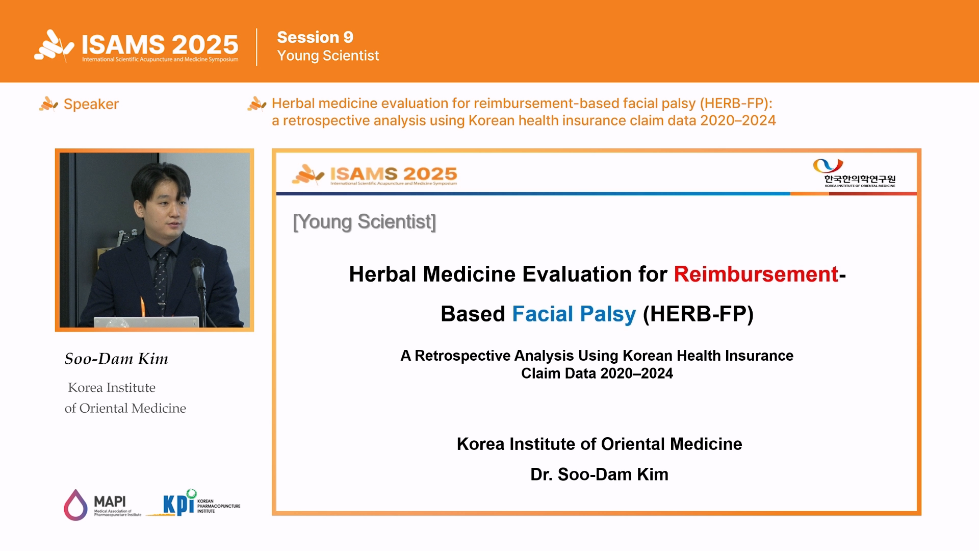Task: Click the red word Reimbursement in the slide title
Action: click(x=756, y=274)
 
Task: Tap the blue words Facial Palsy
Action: click(x=574, y=314)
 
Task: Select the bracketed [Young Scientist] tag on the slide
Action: click(x=365, y=222)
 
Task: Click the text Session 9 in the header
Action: click(x=315, y=37)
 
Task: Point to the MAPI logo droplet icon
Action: click(x=75, y=505)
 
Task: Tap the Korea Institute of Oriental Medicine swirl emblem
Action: click(x=828, y=165)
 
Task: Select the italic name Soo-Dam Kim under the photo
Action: click(x=116, y=359)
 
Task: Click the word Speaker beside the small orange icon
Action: click(x=91, y=104)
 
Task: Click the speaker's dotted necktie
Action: click(x=161, y=278)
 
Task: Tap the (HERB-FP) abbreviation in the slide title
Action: click(x=698, y=314)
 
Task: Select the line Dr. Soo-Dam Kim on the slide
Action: click(x=599, y=474)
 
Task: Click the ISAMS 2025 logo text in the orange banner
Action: click(x=160, y=45)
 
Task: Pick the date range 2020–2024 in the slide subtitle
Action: click(x=637, y=373)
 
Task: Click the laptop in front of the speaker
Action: click(x=146, y=322)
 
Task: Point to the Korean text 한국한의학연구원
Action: click(x=860, y=179)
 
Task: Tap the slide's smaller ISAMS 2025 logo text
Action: click(x=394, y=174)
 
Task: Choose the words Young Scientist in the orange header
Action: click(x=328, y=56)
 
